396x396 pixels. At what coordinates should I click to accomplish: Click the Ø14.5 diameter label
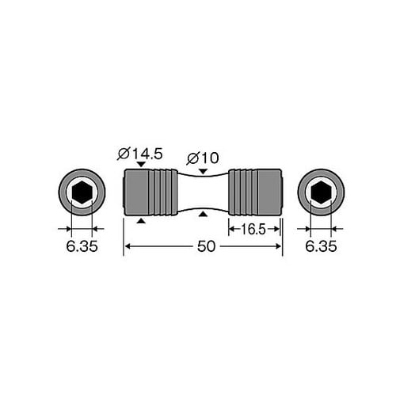(140, 154)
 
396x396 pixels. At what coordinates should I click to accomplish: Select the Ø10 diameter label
(203, 158)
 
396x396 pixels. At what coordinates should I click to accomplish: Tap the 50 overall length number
(206, 246)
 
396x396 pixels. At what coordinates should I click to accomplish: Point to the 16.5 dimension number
(253, 229)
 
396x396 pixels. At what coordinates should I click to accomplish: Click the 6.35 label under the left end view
(82, 246)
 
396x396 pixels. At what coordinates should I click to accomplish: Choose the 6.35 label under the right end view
(321, 246)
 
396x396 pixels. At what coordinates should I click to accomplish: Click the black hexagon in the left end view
(82, 192)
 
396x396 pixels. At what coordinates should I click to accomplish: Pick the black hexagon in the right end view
(321, 192)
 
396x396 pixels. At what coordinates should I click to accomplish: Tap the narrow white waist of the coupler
(203, 192)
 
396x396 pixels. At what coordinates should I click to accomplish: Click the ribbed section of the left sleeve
(163, 192)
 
